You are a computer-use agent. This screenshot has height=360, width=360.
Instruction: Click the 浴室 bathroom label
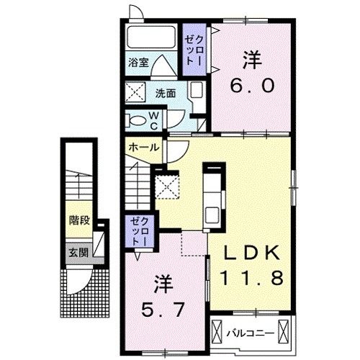(139, 63)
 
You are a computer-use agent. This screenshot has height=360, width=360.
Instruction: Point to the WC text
(155, 119)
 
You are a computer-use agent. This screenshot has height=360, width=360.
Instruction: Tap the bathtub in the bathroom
(149, 40)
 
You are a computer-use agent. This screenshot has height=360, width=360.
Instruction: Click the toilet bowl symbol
(136, 120)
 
